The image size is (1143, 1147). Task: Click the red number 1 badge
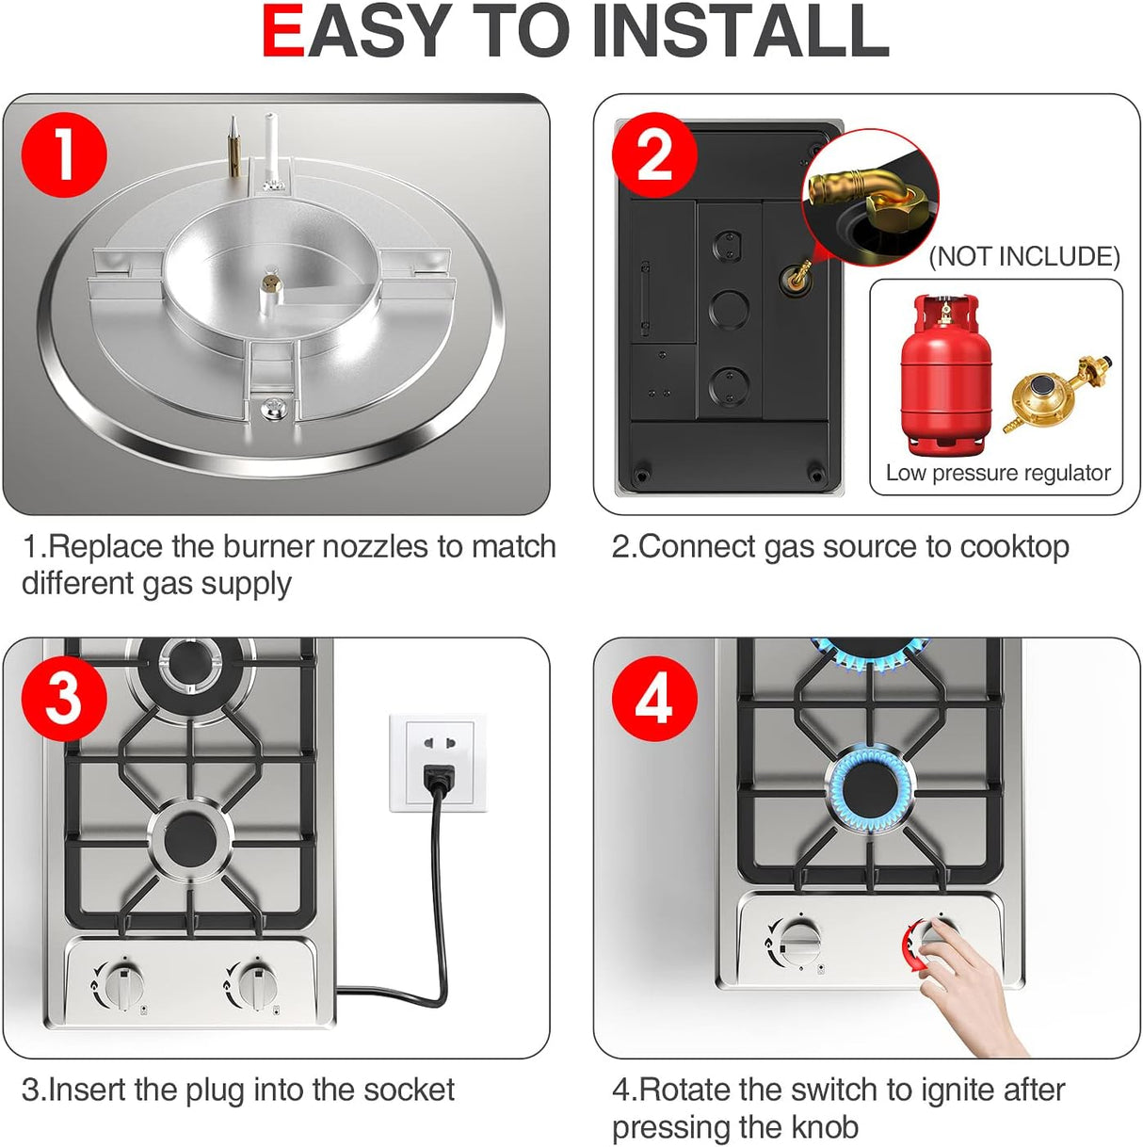63,154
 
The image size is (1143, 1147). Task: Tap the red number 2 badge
654,154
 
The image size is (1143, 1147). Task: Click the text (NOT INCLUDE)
1023,256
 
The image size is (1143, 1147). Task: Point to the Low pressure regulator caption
997,473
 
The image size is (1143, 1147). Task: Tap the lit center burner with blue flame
870,787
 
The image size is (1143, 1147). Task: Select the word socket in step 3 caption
409,1090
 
